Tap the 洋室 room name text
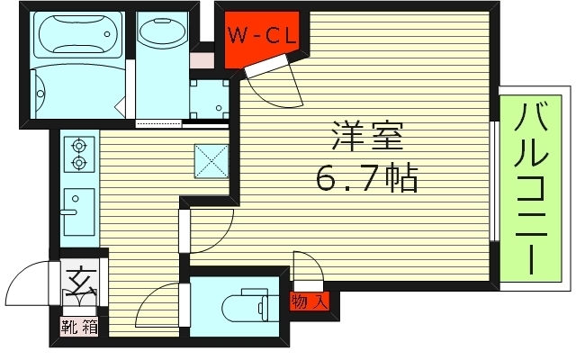click(x=364, y=139)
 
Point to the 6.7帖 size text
click(x=366, y=180)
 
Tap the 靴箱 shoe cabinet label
click(x=79, y=327)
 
